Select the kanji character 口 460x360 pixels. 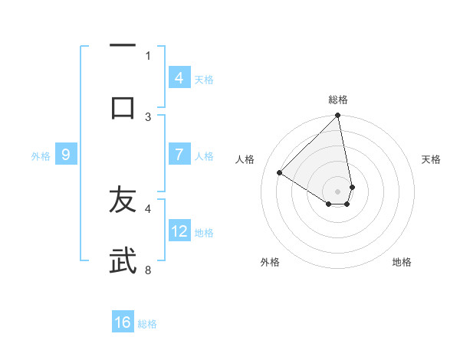point(123,107)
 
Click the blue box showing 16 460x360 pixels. point(123,322)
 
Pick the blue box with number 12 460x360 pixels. point(179,231)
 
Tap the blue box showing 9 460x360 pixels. point(66,155)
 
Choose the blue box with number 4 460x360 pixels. point(179,78)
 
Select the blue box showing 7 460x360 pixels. point(179,155)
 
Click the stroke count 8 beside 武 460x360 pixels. point(148,270)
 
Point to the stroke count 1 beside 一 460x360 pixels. point(148,55)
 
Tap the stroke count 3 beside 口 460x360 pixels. point(148,116)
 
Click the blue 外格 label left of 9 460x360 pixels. point(41,156)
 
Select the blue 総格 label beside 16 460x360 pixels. point(147,324)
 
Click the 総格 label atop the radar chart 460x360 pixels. point(338,100)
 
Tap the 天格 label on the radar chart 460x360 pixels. point(432,159)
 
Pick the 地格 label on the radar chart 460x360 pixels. point(402,262)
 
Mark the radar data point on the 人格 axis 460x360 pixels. point(280,173)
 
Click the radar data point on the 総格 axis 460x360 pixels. point(338,116)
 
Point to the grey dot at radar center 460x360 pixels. point(338,191)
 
